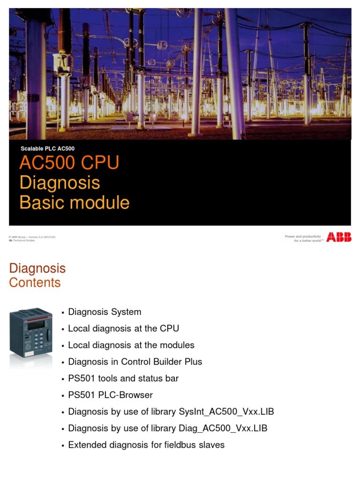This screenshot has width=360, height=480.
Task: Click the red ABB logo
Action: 338,238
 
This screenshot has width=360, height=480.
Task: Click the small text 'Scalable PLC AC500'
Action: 47,149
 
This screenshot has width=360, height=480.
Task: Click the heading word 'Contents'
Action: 35,283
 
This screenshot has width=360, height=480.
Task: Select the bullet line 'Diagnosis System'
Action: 105,312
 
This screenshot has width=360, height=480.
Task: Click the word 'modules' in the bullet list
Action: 175,345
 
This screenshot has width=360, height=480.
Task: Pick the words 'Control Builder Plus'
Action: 162,361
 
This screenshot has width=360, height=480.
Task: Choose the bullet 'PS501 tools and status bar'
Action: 123,378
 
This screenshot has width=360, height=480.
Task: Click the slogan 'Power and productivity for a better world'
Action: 304,239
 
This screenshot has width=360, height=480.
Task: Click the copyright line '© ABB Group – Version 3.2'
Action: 32,237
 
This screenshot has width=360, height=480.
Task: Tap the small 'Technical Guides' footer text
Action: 23,240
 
